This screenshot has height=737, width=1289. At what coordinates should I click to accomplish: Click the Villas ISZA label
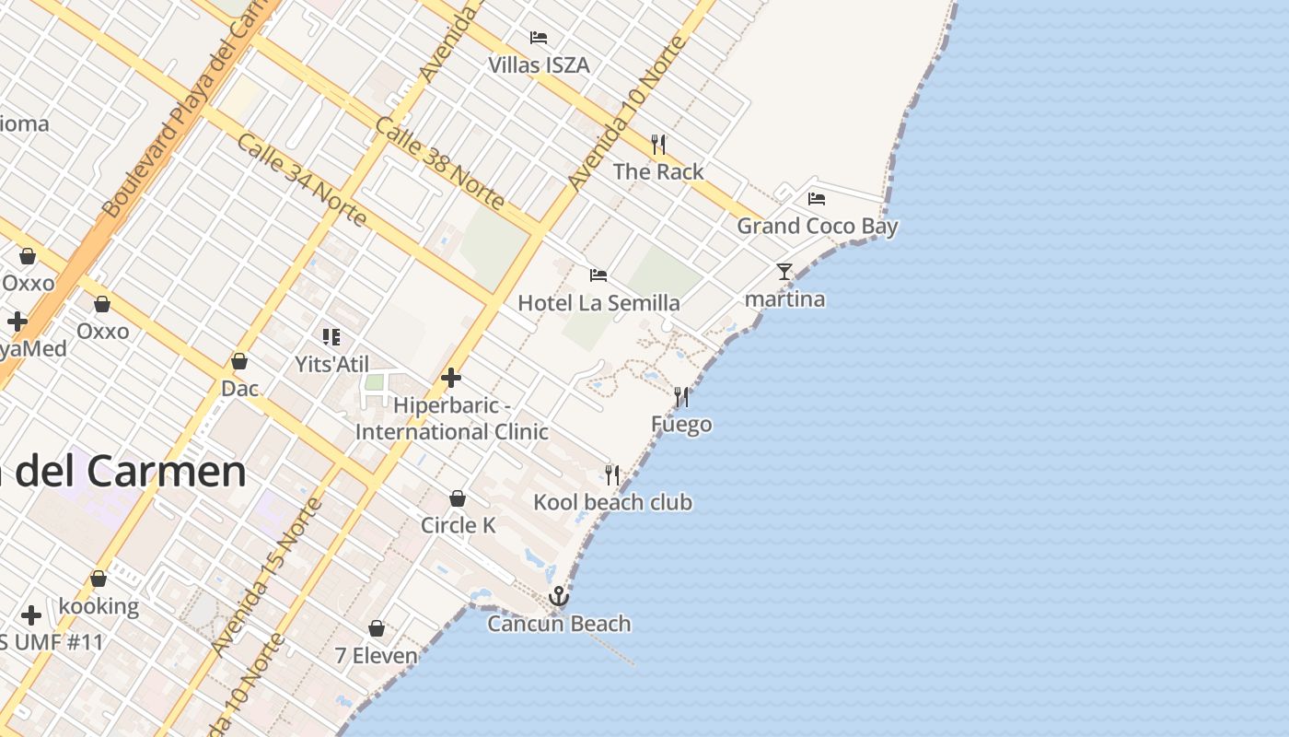pyautogui.click(x=539, y=65)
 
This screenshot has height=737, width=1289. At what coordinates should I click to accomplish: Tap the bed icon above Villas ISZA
pyautogui.click(x=539, y=38)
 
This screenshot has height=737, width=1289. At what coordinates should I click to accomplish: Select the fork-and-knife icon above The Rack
pyautogui.click(x=658, y=145)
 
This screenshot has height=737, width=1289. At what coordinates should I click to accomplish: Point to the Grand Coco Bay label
pyautogui.click(x=817, y=226)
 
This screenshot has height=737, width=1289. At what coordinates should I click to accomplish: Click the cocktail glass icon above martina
pyautogui.click(x=784, y=272)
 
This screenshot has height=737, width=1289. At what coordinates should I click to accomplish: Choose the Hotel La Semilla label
pyautogui.click(x=598, y=303)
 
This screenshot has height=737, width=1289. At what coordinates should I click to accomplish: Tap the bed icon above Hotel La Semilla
pyautogui.click(x=598, y=275)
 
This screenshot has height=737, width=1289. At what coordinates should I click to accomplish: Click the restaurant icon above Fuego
pyautogui.click(x=681, y=397)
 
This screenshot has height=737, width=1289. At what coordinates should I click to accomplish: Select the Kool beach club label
pyautogui.click(x=613, y=502)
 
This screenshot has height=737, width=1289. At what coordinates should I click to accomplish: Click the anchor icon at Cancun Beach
pyautogui.click(x=559, y=597)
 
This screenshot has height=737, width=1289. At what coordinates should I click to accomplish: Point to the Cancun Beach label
pyautogui.click(x=559, y=624)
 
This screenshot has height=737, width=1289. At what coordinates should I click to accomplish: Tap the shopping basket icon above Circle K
pyautogui.click(x=458, y=498)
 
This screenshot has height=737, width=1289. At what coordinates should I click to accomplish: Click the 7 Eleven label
pyautogui.click(x=376, y=656)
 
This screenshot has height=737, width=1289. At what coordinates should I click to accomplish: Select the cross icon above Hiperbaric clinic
pyautogui.click(x=451, y=377)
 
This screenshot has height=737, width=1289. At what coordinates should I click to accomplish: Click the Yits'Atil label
pyautogui.click(x=331, y=364)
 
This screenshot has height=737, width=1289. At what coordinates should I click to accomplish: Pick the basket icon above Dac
pyautogui.click(x=239, y=361)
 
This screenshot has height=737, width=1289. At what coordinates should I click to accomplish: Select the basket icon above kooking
pyautogui.click(x=99, y=579)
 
